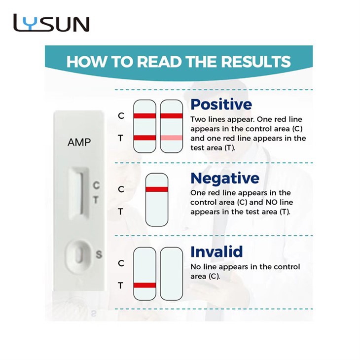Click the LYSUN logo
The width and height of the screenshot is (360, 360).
(51, 24)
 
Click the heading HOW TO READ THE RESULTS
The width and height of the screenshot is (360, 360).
(178, 62)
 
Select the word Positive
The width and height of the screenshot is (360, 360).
(221, 104)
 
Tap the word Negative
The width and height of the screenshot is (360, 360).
(224, 178)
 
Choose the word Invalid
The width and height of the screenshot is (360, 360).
(216, 252)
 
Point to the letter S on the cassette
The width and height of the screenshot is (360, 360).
(99, 254)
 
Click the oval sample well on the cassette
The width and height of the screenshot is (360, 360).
(78, 255)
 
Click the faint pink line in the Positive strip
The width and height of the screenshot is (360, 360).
(171, 138)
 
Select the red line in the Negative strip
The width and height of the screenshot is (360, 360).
(156, 189)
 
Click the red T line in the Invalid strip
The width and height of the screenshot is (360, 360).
(144, 285)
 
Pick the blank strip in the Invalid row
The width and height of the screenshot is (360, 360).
(171, 273)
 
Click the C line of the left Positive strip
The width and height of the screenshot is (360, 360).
(144, 116)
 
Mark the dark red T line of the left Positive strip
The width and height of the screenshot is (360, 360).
(144, 138)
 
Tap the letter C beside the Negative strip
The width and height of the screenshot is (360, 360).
(121, 189)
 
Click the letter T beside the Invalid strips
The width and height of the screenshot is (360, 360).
(121, 285)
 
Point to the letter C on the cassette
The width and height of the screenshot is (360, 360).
(97, 186)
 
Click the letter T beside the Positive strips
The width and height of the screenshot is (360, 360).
(121, 138)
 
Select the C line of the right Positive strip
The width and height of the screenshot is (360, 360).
(171, 116)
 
